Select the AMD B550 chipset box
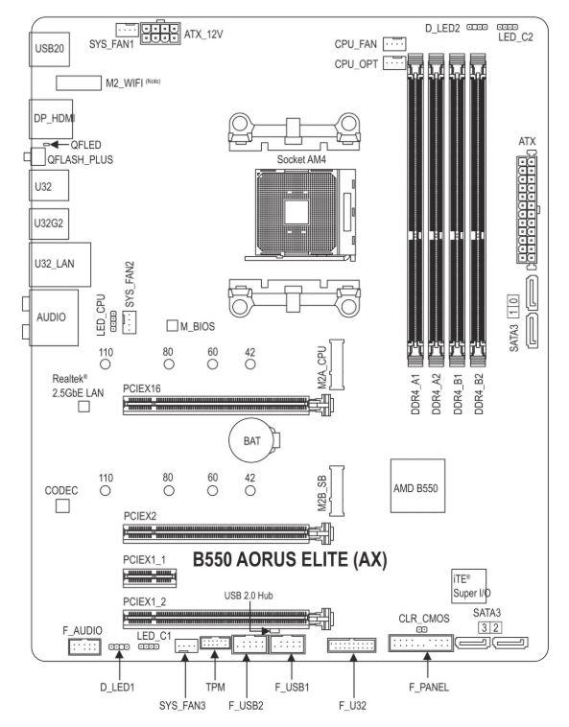point(417,486)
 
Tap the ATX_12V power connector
point(160,33)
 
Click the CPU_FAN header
point(395,43)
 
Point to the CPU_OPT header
point(395,62)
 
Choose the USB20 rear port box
point(50,49)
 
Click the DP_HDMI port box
point(51,119)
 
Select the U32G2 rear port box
point(49,223)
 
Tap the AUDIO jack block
point(54,317)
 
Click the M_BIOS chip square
point(172,325)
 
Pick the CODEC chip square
point(62,505)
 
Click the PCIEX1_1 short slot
point(150,577)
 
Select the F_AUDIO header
point(84,646)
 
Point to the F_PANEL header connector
point(420,644)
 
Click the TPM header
point(215,643)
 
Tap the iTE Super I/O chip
point(469,586)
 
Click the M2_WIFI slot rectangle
point(79,83)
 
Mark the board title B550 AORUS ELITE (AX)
point(290,559)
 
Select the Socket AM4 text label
point(301,159)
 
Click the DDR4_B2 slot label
point(479,393)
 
